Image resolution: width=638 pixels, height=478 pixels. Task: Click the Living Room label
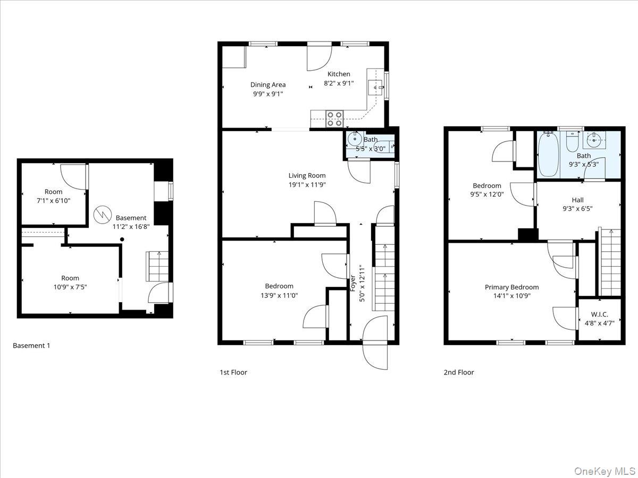(x=307, y=176)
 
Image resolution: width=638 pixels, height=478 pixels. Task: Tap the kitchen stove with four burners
(x=335, y=118)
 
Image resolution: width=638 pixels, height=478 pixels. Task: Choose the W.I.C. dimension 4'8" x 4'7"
(x=599, y=322)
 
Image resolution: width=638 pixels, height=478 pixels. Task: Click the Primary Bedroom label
(x=511, y=287)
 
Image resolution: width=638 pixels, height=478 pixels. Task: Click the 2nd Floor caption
(x=458, y=372)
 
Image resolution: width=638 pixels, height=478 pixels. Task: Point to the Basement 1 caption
(x=31, y=346)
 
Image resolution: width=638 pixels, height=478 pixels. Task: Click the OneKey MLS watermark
(x=605, y=471)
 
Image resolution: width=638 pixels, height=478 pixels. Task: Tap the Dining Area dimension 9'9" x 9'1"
(x=268, y=94)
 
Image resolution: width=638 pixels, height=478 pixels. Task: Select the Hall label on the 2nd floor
(x=577, y=200)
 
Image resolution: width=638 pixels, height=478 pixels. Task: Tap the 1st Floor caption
(x=233, y=372)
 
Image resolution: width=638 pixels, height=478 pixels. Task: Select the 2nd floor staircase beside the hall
(x=610, y=262)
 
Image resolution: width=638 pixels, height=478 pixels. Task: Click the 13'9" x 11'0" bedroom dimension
(x=279, y=295)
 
